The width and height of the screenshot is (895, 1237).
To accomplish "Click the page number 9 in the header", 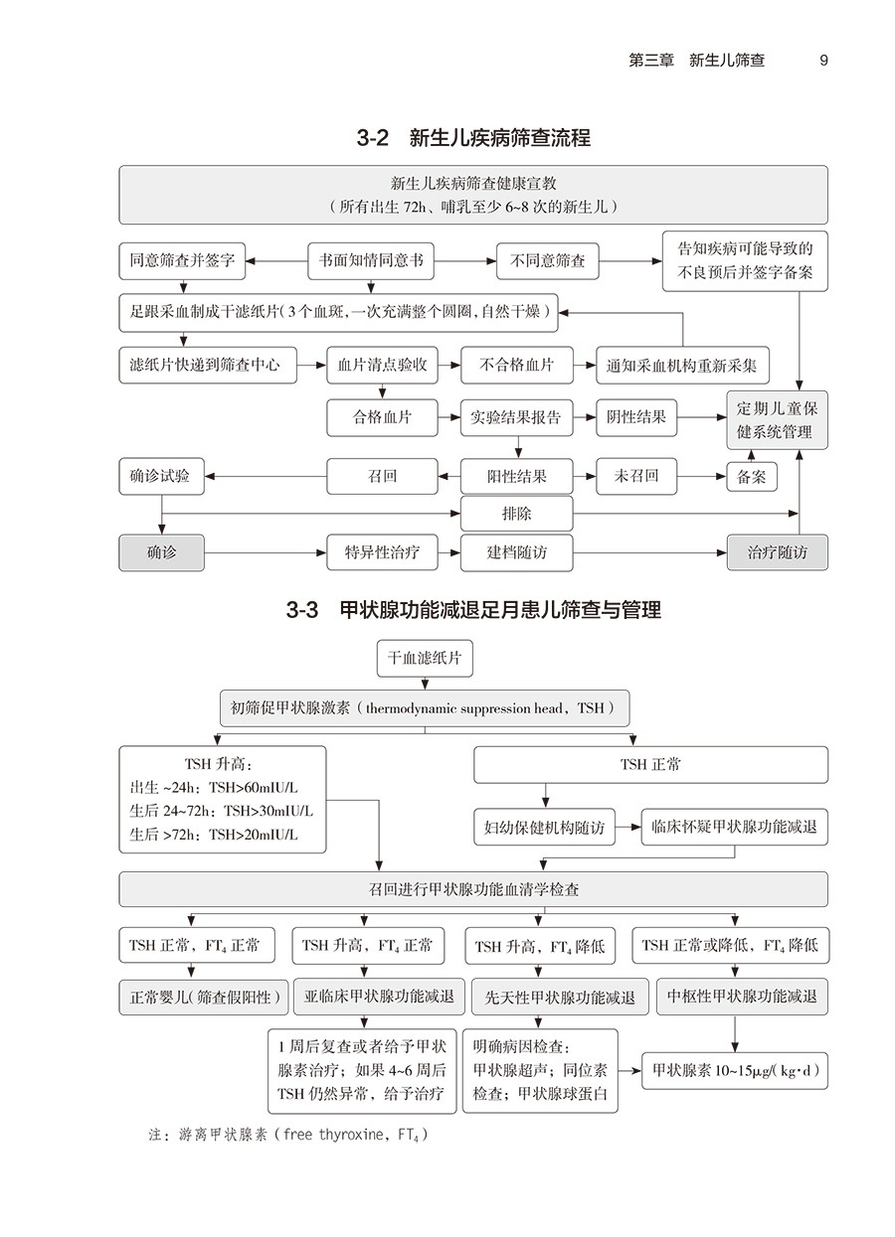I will click(x=823, y=60).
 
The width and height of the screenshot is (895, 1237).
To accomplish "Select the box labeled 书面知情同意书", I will click(x=372, y=261).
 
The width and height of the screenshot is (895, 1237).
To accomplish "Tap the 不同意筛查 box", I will click(x=548, y=261).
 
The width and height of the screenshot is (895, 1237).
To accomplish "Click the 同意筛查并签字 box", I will click(x=182, y=261).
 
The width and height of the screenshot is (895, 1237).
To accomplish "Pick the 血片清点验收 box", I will click(x=383, y=365).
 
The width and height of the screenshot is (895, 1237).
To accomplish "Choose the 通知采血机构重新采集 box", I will click(x=682, y=365).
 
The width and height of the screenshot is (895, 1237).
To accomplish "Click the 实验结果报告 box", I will click(x=516, y=417).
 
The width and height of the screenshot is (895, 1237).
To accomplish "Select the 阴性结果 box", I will click(x=636, y=417).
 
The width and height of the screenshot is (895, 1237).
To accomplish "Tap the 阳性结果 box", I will click(x=516, y=476).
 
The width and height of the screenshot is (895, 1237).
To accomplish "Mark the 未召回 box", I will click(x=636, y=476).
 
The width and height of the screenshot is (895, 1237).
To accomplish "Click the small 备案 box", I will click(x=752, y=476).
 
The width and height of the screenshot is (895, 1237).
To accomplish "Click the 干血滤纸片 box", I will click(x=425, y=658).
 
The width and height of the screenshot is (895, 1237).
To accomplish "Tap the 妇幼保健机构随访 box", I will click(x=544, y=827).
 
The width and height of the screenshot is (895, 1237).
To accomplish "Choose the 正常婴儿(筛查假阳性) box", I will click(x=204, y=996).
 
